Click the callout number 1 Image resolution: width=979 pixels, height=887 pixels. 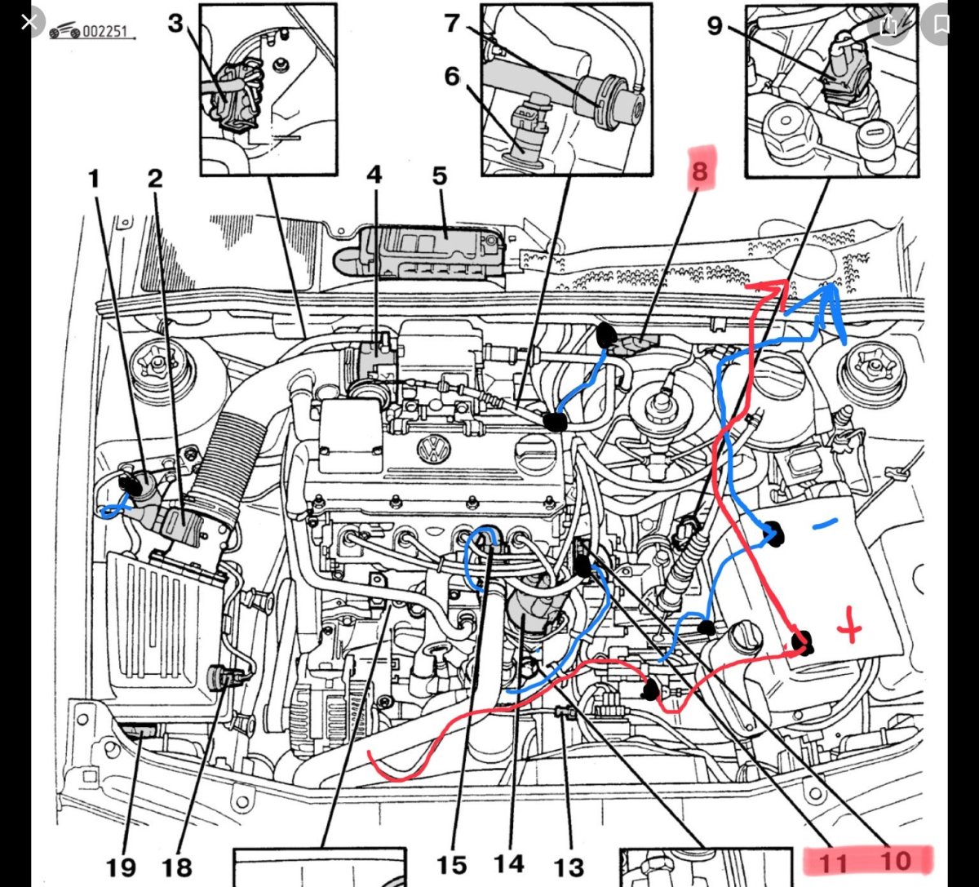point(94,177)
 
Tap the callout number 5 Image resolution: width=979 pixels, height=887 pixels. point(440,176)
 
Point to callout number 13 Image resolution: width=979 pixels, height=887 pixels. point(570,865)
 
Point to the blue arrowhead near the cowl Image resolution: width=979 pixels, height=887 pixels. point(831,292)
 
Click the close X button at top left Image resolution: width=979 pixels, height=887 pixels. point(29,21)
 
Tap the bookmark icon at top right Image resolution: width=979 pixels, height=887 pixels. point(941,24)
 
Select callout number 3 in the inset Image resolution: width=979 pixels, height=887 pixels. point(176,23)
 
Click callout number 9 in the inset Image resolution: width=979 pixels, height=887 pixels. point(715,26)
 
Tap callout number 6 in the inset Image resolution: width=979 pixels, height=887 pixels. point(453,75)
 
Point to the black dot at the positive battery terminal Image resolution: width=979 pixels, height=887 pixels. point(804,641)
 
